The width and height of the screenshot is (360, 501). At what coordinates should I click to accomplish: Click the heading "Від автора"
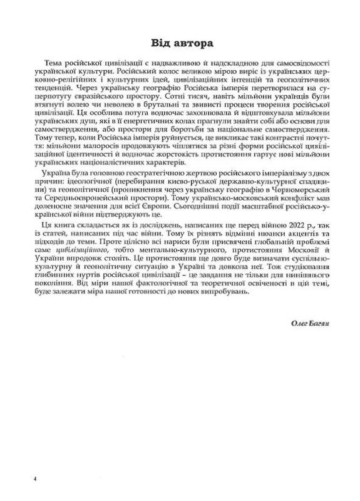(x=180, y=44)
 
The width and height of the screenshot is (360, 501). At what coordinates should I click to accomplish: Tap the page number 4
(x=37, y=478)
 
